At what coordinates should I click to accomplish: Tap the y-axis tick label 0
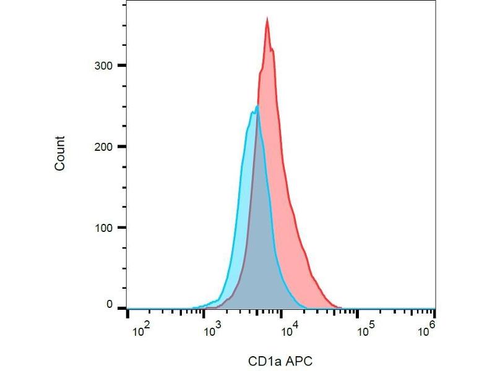coord(110,305)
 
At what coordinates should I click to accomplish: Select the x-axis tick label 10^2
coord(142,330)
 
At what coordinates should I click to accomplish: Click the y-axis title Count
coord(60,153)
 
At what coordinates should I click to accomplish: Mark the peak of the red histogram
coord(267,19)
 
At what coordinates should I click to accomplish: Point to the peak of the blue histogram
coord(256,106)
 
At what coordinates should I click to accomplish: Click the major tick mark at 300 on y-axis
coord(123,66)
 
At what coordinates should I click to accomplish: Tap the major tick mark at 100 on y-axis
coord(123,228)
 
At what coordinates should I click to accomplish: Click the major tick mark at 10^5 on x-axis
coord(358,314)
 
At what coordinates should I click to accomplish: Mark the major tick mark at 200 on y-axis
coord(123,147)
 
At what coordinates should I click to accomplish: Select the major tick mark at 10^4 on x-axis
coord(282,314)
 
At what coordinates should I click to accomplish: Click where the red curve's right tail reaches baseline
coord(341,308)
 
